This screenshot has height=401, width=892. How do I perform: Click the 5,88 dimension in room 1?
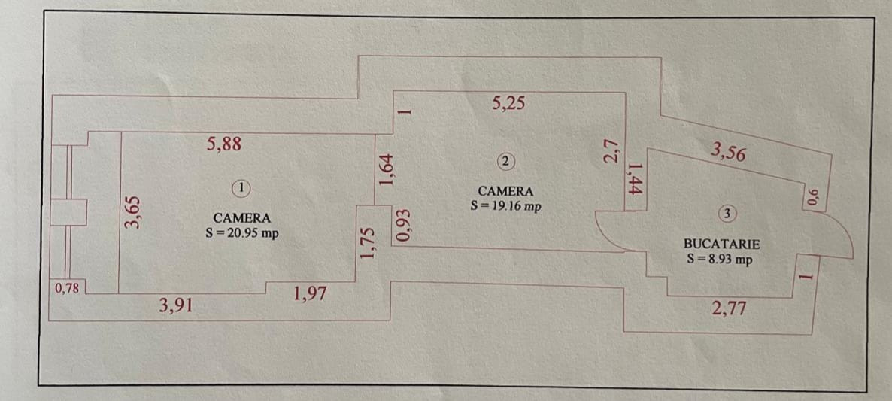pos(223,144)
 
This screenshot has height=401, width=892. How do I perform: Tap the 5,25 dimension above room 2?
pos(508,104)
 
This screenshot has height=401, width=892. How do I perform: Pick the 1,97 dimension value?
pos(310,293)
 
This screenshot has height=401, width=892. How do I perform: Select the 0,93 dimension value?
pos(405,226)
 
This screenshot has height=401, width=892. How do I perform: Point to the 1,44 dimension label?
pos(634,180)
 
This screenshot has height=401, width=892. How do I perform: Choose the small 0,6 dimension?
pos(812,197)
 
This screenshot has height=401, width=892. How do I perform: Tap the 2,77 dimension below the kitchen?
pos(729,308)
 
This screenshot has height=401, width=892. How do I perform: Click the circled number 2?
pos(505,160)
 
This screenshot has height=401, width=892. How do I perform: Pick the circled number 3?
pos(726,214)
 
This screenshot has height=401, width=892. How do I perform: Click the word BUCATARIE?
pos(721,244)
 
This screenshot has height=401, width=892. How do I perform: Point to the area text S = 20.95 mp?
pos(241,233)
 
